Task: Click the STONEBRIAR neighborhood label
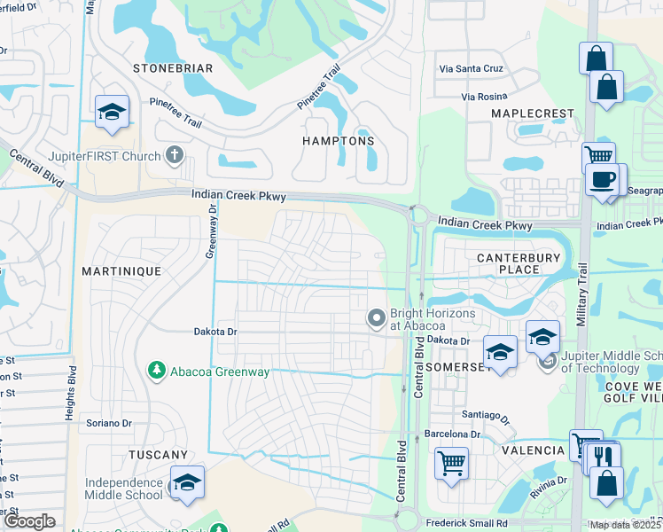(x=174, y=67)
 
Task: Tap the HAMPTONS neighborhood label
(x=338, y=141)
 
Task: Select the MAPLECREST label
(x=528, y=114)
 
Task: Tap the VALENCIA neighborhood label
(x=534, y=450)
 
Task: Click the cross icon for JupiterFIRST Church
(x=174, y=156)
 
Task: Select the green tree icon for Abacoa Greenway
(x=156, y=369)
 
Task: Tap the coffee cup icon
(x=604, y=180)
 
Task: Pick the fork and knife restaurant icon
(x=604, y=457)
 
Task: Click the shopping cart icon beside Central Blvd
(x=452, y=462)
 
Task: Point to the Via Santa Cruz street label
(x=472, y=68)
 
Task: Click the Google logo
(x=30, y=522)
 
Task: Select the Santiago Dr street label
(x=486, y=416)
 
